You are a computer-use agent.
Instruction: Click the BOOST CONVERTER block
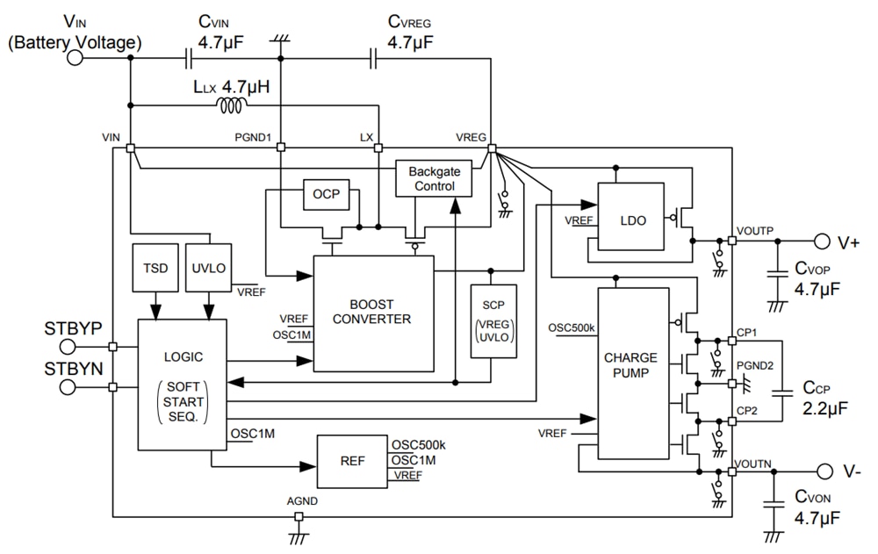[374, 312]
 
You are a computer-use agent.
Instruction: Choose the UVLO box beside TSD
[208, 268]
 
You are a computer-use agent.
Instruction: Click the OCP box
[326, 194]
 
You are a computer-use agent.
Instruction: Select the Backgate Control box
[434, 179]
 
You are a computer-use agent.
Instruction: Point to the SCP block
[493, 320]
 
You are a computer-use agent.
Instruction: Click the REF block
[354, 461]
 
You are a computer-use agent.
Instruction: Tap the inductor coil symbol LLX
[232, 106]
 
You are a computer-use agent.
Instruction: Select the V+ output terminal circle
[821, 241]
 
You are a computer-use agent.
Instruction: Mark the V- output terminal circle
[822, 471]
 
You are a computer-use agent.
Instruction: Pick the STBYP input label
[73, 330]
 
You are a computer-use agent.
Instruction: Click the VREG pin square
[491, 147]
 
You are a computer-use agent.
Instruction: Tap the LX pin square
[378, 147]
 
